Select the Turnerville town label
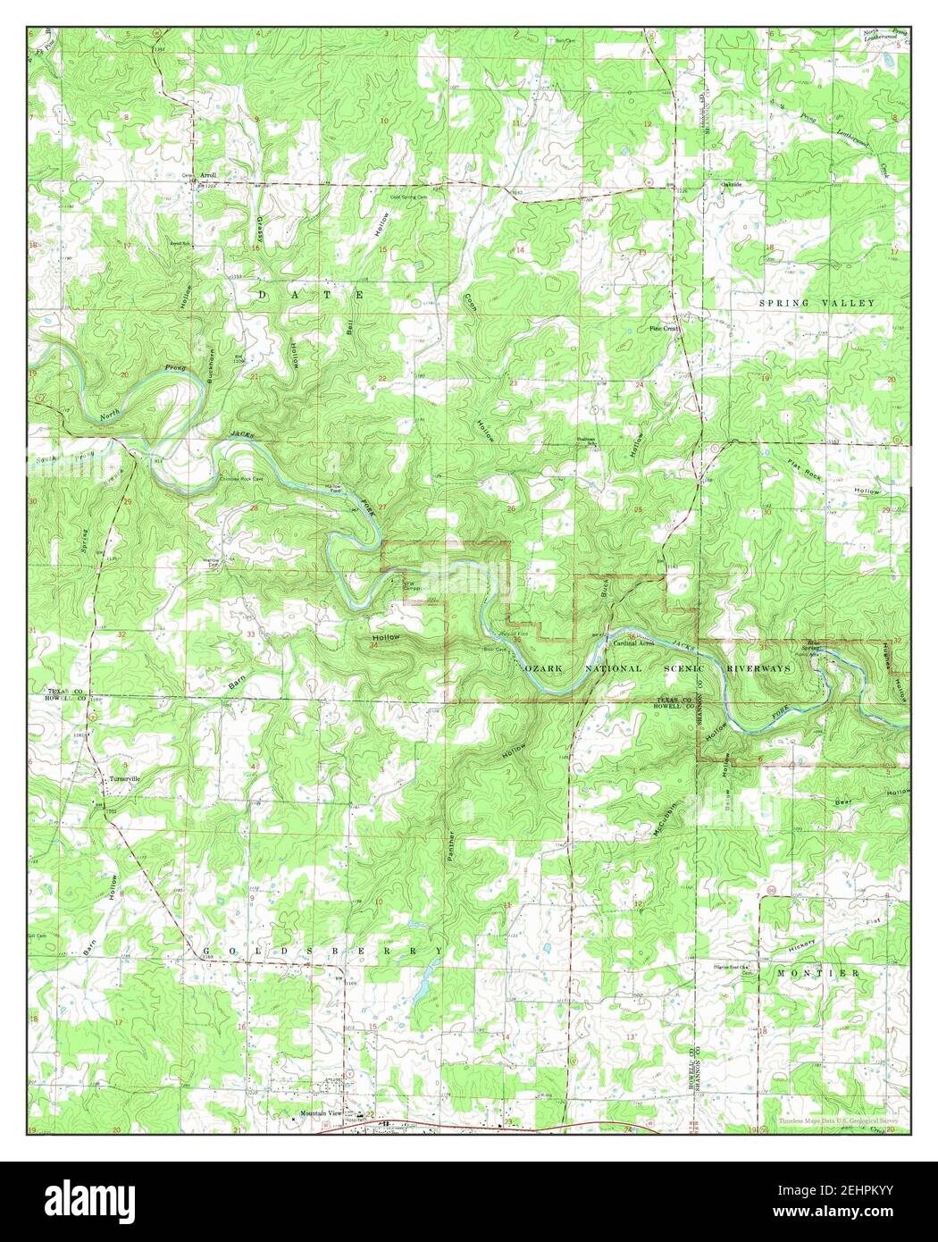(x=126, y=779)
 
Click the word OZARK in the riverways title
(x=540, y=668)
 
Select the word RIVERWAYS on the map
(x=762, y=667)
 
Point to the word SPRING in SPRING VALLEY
(x=785, y=304)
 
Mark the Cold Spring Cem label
(x=406, y=197)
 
